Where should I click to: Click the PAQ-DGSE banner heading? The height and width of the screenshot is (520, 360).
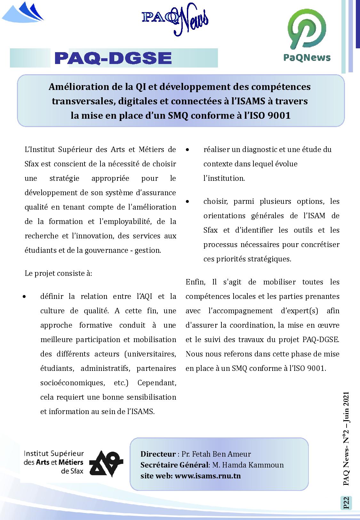[113, 58]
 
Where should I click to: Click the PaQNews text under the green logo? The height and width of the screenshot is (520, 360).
[307, 58]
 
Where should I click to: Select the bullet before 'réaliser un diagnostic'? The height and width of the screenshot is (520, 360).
[188, 150]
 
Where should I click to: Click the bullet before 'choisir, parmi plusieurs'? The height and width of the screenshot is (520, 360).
[188, 202]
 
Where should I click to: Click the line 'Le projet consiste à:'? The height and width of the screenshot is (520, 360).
[58, 273]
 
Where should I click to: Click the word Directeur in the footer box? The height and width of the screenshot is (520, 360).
[158, 454]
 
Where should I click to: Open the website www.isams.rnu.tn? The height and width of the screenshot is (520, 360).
[208, 476]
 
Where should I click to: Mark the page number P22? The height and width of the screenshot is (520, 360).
[346, 503]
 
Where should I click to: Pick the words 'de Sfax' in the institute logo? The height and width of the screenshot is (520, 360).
[72, 471]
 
